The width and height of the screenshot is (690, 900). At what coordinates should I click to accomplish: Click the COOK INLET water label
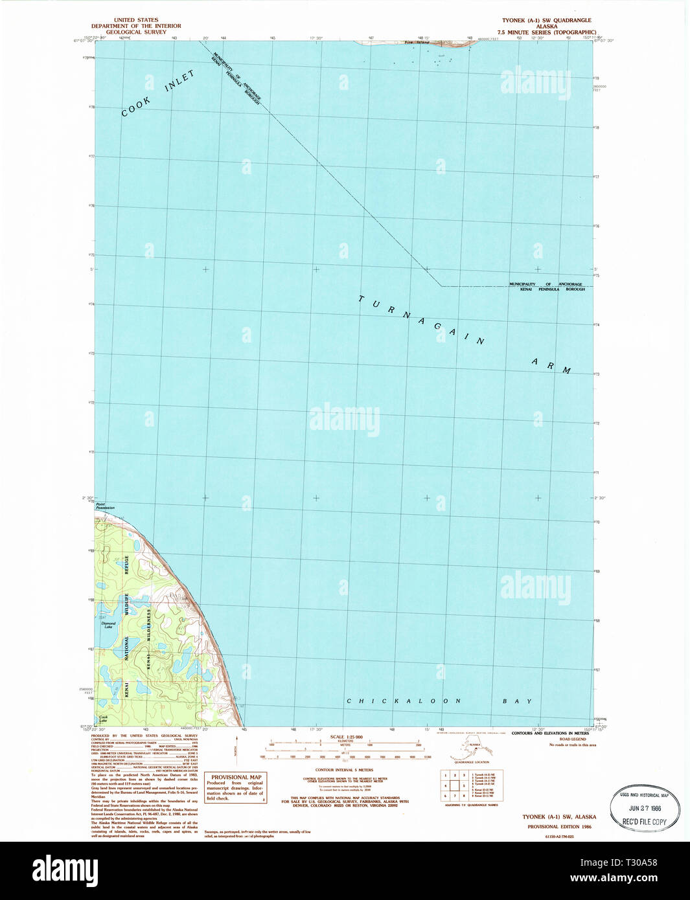[x=158, y=94]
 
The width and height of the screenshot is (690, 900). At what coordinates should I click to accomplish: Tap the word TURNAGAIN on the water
[x=421, y=321]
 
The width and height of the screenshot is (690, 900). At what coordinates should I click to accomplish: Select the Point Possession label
[x=105, y=506]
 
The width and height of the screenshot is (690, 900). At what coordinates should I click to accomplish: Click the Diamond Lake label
[x=108, y=625]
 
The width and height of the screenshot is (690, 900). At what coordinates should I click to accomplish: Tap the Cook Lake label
[x=103, y=718]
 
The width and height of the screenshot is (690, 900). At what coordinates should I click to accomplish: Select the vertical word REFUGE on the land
[x=126, y=565]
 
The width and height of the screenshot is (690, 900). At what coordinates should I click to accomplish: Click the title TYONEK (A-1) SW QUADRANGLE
[x=546, y=21]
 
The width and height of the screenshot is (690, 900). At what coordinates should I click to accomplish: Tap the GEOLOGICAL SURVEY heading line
[x=136, y=32]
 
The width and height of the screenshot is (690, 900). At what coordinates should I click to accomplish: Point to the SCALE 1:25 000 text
[x=346, y=737]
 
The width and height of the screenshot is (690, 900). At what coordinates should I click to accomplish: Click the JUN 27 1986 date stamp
[x=644, y=808]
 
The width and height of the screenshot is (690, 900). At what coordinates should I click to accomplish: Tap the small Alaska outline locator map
[x=472, y=748]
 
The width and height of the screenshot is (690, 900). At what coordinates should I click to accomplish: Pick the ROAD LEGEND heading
[x=572, y=739]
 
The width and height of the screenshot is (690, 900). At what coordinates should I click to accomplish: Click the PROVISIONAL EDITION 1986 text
[x=559, y=826]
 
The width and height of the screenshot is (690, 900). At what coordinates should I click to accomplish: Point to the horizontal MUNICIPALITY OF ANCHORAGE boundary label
[x=545, y=284]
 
